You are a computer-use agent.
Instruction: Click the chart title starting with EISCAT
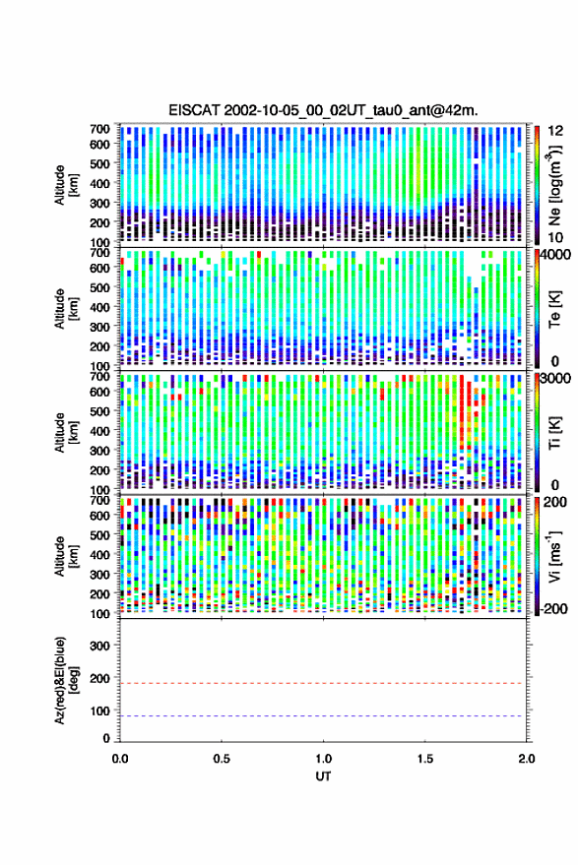coord(324,110)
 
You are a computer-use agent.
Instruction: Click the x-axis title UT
coord(324,776)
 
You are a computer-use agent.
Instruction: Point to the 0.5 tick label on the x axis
coord(222,759)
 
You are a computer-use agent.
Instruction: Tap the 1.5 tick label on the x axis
coord(425,759)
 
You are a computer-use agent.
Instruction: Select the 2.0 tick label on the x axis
coord(527,759)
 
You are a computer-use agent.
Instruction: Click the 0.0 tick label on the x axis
coord(120,759)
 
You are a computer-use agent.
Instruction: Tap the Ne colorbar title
coord(553,185)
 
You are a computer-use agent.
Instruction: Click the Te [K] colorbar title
coord(554,309)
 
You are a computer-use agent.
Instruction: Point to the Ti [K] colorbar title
coord(554,433)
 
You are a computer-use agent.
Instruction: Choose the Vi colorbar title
coord(553,556)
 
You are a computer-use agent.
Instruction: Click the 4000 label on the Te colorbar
coord(556,256)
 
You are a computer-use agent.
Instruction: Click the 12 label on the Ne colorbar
coord(555,130)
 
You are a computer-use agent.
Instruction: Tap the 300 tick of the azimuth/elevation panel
coord(99,646)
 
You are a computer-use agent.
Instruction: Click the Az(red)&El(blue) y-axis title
coord(66,681)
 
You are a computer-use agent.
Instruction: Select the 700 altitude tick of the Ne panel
coord(99,129)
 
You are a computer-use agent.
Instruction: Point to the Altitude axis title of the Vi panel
coord(66,556)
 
